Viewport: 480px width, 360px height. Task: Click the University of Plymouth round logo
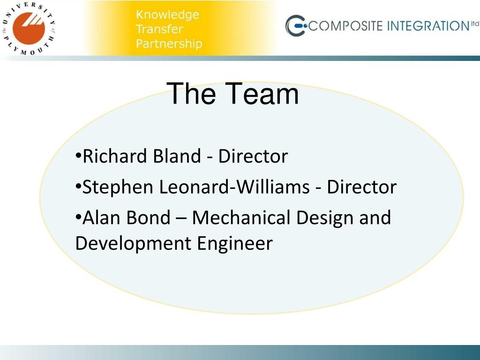pyautogui.click(x=29, y=29)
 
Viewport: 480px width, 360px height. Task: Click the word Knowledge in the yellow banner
pyautogui.click(x=167, y=15)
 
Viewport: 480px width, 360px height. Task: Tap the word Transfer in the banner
pyautogui.click(x=159, y=29)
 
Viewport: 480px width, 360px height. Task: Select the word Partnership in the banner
pyautogui.click(x=169, y=44)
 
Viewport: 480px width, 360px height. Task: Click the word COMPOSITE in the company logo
pyautogui.click(x=346, y=26)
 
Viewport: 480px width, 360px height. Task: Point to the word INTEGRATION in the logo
pyautogui.click(x=428, y=26)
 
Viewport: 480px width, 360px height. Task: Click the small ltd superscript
pyautogui.click(x=475, y=23)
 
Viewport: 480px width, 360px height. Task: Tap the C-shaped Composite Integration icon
pyautogui.click(x=296, y=26)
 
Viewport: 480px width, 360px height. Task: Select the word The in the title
pyautogui.click(x=191, y=94)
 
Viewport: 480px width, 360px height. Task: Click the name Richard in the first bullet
pyautogui.click(x=115, y=156)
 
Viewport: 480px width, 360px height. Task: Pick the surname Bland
pyautogui.click(x=177, y=156)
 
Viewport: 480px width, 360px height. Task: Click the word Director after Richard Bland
pyautogui.click(x=253, y=156)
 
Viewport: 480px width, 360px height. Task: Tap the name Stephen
pyautogui.click(x=118, y=187)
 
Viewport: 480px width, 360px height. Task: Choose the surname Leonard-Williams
pyautogui.click(x=234, y=187)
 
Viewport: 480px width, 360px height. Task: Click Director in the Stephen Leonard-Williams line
pyautogui.click(x=361, y=187)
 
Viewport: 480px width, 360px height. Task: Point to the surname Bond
pyautogui.click(x=148, y=217)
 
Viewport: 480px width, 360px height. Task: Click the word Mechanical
pyautogui.click(x=241, y=217)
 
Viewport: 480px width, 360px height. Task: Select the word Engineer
pyautogui.click(x=234, y=244)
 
